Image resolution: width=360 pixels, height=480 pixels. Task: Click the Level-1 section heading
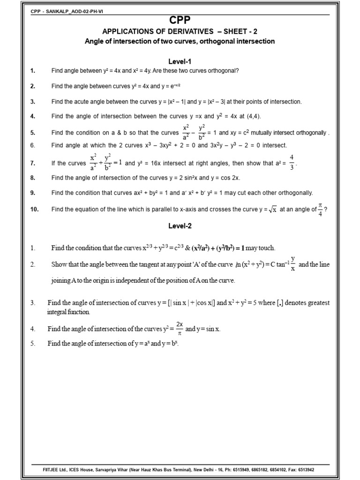point(180,61)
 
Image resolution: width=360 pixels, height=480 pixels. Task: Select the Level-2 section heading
point(180,225)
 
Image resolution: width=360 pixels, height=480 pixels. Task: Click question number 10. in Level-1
point(34,210)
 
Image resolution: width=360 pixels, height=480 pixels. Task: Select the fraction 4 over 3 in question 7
point(292,163)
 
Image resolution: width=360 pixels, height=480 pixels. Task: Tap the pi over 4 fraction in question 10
point(321,210)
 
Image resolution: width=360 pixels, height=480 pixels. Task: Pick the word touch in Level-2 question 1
point(265,248)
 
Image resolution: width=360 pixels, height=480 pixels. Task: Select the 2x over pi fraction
point(180,329)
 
